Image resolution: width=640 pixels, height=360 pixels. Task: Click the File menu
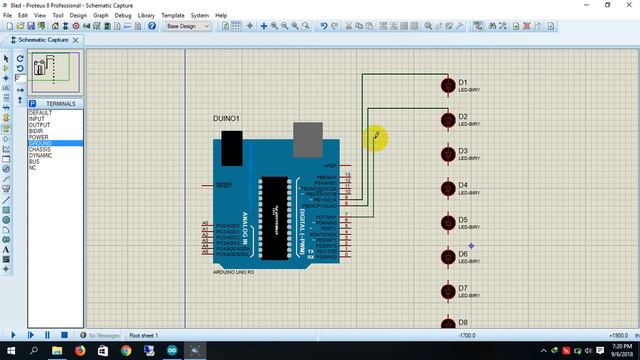coord(8,16)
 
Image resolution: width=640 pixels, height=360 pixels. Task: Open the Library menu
coord(147,16)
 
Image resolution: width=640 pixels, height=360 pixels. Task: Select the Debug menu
coord(123,16)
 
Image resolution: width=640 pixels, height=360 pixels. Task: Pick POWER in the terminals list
coord(39,137)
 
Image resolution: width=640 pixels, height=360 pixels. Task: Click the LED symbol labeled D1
coord(446,85)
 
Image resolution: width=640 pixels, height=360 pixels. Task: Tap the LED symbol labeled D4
coord(446,188)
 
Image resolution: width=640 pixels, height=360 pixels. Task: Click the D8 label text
coord(463,323)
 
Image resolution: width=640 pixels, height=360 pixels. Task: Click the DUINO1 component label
coord(226,119)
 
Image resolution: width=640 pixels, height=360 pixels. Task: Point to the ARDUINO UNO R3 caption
coord(234,272)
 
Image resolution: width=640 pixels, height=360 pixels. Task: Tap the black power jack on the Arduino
coord(233,147)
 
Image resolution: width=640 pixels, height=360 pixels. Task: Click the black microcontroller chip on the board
coord(273,209)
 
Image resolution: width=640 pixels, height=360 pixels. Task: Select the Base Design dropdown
coord(188,27)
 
